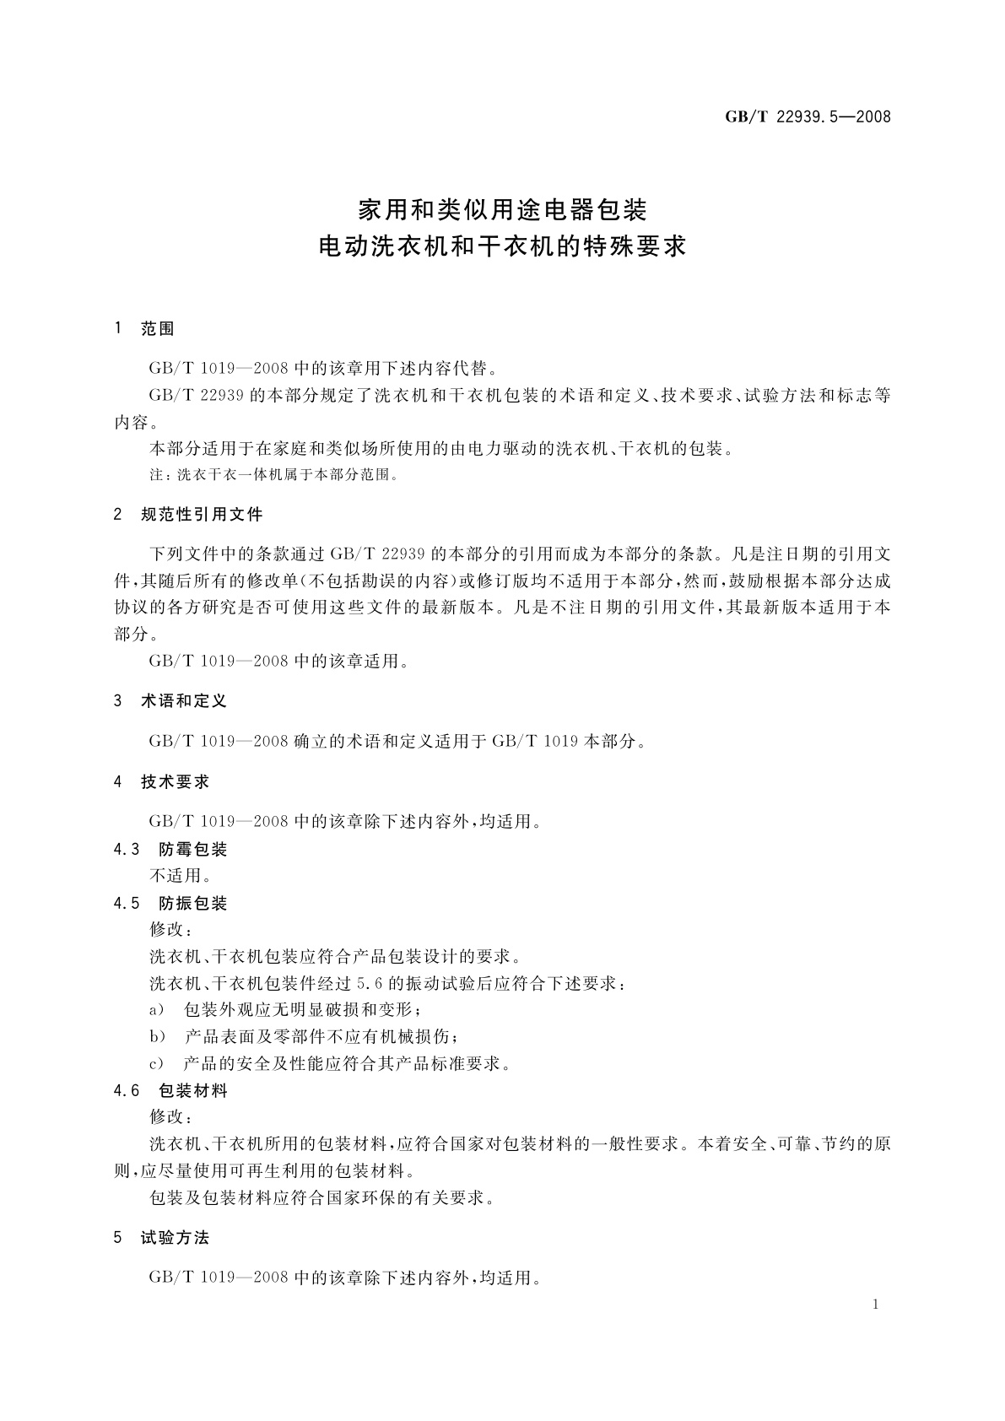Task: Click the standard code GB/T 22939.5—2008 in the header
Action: coord(808,117)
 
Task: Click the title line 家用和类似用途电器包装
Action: coord(502,207)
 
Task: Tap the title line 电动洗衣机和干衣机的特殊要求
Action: coord(502,246)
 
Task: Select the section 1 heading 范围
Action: coord(158,329)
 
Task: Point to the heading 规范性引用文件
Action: coord(202,514)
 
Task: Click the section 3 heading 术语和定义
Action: coord(184,701)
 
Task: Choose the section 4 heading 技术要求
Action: coord(175,782)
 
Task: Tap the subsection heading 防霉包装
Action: coord(193,850)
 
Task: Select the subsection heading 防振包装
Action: coord(193,904)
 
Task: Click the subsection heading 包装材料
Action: coord(193,1091)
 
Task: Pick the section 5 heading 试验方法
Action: coord(175,1238)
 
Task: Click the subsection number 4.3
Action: coord(127,850)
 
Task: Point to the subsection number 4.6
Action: coord(127,1091)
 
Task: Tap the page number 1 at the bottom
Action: coord(875,1305)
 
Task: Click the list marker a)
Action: coord(156,1010)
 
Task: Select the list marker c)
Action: coord(156,1064)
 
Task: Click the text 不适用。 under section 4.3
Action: coord(180,876)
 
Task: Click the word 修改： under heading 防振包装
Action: coord(170,930)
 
